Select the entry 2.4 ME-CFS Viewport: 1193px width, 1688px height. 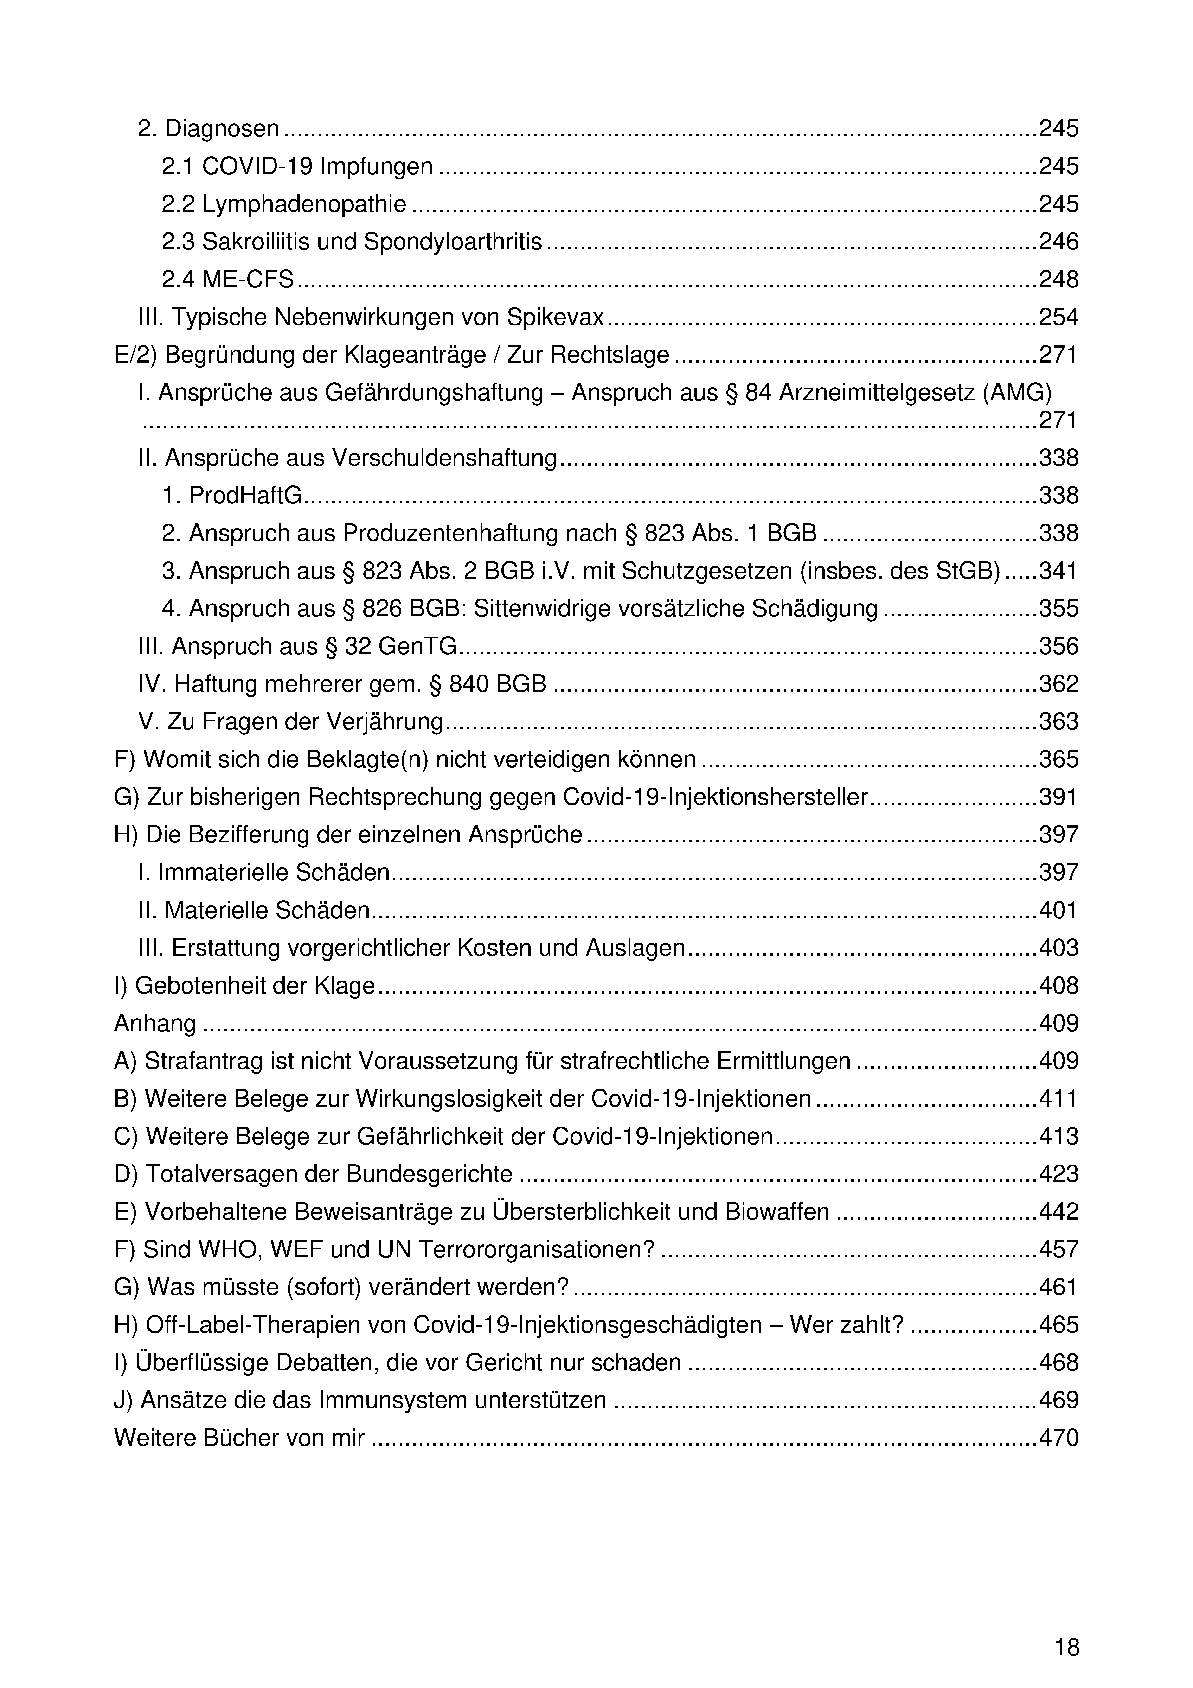pyautogui.click(x=227, y=279)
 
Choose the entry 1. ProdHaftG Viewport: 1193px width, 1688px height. pyautogui.click(x=232, y=496)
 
